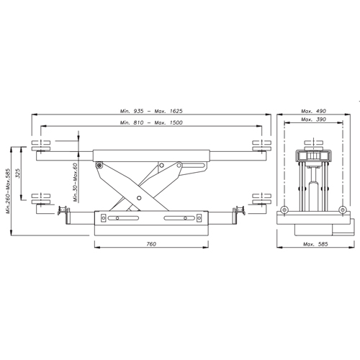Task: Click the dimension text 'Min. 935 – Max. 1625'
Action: click(x=151, y=111)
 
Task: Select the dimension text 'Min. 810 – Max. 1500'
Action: click(x=151, y=122)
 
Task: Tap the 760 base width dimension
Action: click(x=151, y=244)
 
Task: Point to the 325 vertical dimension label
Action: click(x=18, y=173)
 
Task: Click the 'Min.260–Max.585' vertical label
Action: click(x=9, y=192)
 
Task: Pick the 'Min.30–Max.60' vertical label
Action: click(x=76, y=182)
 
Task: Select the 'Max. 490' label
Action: click(x=313, y=111)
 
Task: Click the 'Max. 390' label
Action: click(x=313, y=120)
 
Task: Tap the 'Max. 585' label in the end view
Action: click(x=315, y=244)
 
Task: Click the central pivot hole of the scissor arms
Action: click(x=139, y=198)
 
